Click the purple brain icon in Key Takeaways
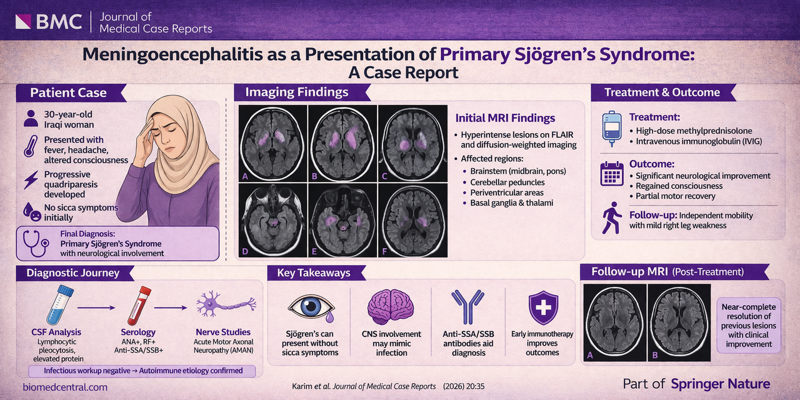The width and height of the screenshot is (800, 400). pyautogui.click(x=391, y=306)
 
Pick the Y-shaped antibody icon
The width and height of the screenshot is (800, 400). pyautogui.click(x=467, y=306)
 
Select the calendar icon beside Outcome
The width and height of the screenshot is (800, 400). pyautogui.click(x=612, y=173)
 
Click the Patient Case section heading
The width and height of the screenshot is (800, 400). pyautogui.click(x=69, y=93)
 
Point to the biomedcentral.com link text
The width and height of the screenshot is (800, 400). pyautogui.click(x=65, y=387)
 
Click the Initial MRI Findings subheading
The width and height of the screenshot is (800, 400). pyautogui.click(x=504, y=117)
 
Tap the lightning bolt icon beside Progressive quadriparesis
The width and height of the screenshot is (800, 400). pyautogui.click(x=29, y=180)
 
